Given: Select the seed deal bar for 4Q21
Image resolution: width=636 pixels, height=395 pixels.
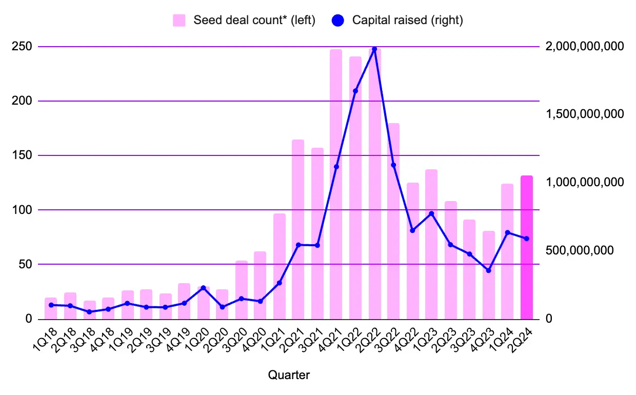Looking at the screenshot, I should tap(336, 184).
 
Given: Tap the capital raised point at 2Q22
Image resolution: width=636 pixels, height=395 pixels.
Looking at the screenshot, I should tap(374, 49).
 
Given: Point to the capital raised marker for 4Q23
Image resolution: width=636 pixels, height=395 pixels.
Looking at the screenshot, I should tap(488, 270).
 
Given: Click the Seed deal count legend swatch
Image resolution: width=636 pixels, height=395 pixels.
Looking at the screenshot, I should tap(178, 21).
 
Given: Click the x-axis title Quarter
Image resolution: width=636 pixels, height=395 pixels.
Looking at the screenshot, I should tap(289, 375).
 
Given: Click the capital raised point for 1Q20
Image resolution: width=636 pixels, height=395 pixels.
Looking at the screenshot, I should tap(203, 288).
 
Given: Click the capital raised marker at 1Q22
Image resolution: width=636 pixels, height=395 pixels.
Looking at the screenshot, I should tap(355, 91).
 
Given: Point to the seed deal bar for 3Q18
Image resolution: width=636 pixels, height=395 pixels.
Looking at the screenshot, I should tap(90, 310).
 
